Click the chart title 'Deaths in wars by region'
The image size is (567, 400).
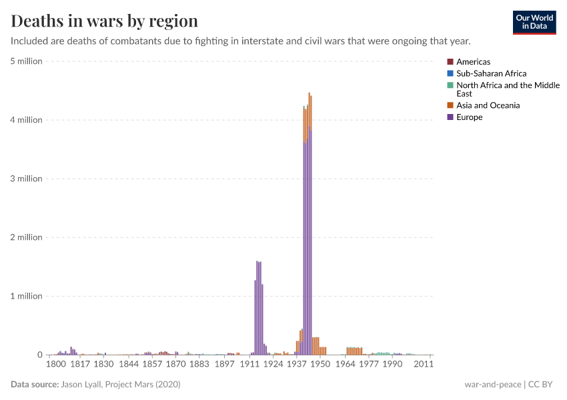(x=104, y=21)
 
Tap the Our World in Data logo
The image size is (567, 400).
(x=534, y=22)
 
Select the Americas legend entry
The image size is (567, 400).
(x=473, y=62)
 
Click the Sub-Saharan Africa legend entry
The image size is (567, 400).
(x=491, y=73)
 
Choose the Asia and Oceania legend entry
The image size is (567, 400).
(x=488, y=105)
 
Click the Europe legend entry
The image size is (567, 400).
(x=469, y=117)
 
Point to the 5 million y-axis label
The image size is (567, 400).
(x=26, y=61)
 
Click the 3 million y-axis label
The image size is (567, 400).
(x=26, y=179)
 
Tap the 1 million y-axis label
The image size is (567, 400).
(x=26, y=296)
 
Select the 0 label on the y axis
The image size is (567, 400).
(x=39, y=355)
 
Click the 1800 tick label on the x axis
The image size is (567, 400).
(x=55, y=365)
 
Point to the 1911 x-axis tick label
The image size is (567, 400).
(x=249, y=365)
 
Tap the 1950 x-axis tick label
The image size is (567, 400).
(x=320, y=365)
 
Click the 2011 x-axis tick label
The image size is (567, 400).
(x=424, y=365)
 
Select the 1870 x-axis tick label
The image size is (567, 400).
(x=176, y=365)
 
